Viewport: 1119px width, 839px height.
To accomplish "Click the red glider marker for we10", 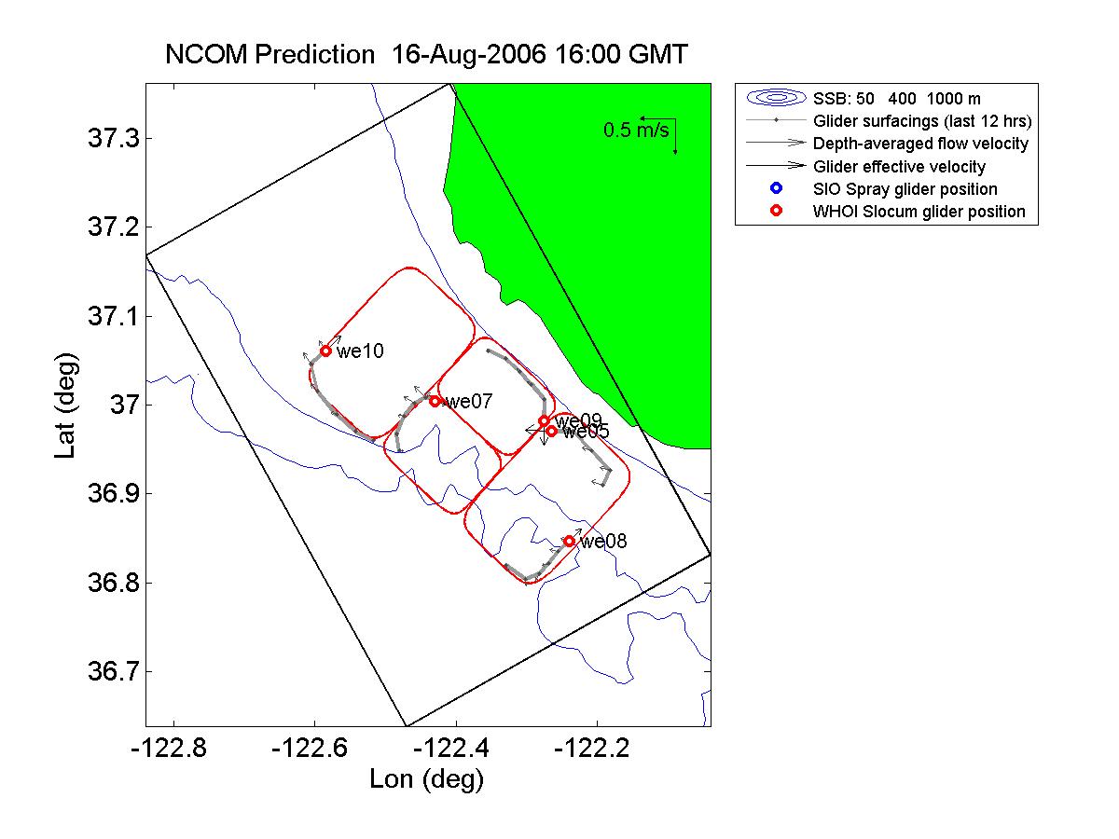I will click(x=325, y=351).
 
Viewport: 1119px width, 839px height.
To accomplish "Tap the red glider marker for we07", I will click(x=435, y=401).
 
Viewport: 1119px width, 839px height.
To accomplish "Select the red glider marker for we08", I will click(x=569, y=541).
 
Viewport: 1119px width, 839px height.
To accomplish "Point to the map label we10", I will click(x=360, y=351).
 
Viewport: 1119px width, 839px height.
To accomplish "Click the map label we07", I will click(x=469, y=402).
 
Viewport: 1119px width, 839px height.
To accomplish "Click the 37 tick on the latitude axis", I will click(x=119, y=406).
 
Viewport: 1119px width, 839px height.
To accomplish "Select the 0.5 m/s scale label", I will click(x=636, y=131).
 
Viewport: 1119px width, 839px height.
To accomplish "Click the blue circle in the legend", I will click(x=775, y=188).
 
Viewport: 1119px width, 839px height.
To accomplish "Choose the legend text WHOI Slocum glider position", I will click(x=919, y=212).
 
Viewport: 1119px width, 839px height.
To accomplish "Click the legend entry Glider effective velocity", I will click(x=899, y=167).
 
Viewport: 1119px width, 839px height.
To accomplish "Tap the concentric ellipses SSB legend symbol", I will click(x=775, y=97).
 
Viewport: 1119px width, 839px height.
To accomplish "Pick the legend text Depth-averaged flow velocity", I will click(x=920, y=144).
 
